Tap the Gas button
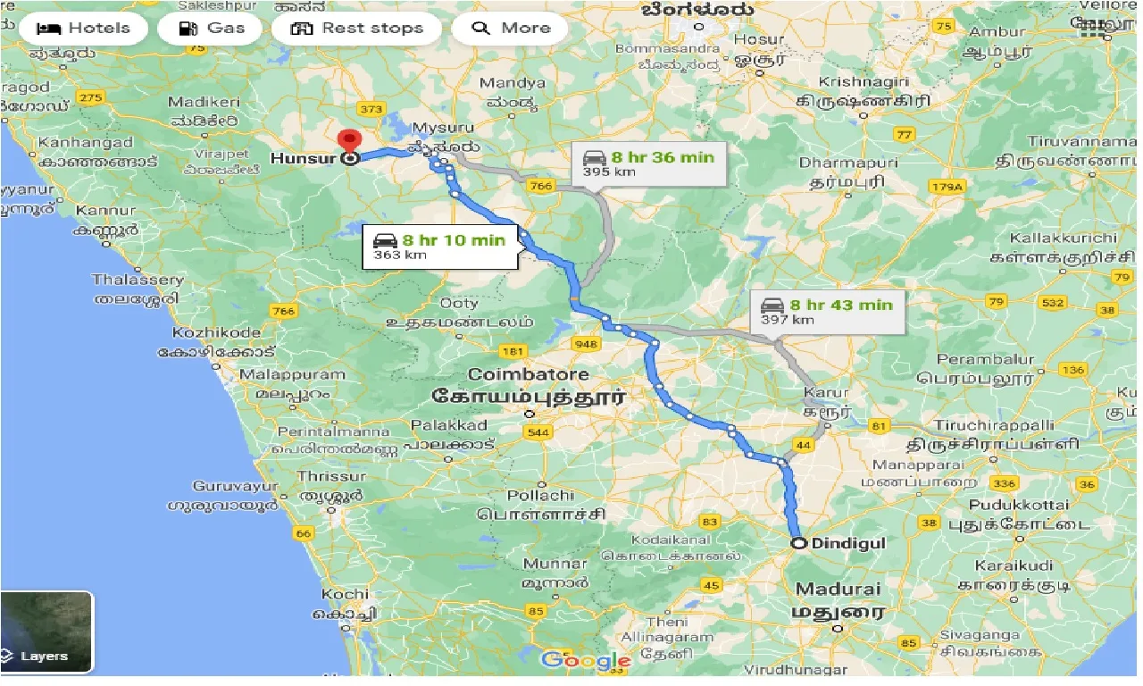212,28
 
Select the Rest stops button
356,28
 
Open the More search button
512,28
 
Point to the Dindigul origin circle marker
797,542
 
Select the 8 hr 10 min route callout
441,247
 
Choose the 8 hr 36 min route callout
648,163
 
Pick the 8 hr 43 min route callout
826,312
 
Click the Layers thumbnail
46,632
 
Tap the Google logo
586,661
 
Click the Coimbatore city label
528,374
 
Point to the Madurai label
838,590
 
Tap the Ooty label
459,303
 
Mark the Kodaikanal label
670,540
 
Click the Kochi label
345,594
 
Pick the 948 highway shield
587,344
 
